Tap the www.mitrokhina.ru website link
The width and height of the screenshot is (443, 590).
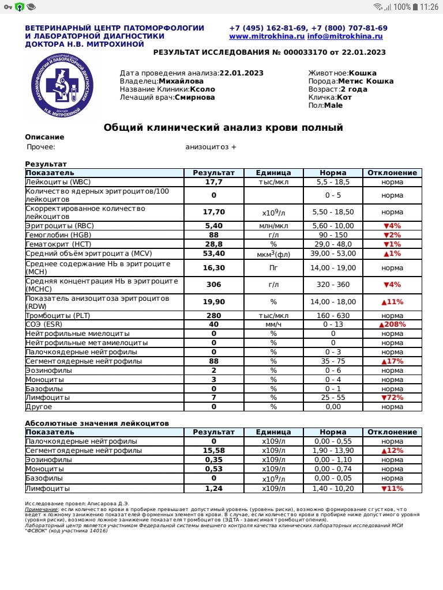tap(266, 36)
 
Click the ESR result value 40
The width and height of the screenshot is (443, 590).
tap(213, 324)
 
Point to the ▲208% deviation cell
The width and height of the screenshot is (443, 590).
tap(392, 324)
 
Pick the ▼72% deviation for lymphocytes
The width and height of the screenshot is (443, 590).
tap(392, 398)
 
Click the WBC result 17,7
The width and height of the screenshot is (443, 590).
tap(213, 182)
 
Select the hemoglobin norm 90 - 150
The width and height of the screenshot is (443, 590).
tap(333, 235)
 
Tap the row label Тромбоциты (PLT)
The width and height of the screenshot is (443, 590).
tap(58, 316)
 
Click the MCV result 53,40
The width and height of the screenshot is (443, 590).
tap(213, 254)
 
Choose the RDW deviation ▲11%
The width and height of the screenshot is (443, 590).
tap(392, 302)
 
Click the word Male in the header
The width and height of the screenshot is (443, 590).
tap(333, 105)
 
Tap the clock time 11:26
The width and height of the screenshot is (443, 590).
tap(430, 7)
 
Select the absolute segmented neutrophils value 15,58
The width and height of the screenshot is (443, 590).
tap(213, 451)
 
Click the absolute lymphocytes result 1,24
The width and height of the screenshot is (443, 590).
tap(213, 489)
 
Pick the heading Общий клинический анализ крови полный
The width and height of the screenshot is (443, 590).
tap(223, 127)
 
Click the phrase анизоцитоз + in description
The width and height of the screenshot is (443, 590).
tap(211, 147)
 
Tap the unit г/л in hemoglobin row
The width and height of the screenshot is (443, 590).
tap(273, 235)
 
